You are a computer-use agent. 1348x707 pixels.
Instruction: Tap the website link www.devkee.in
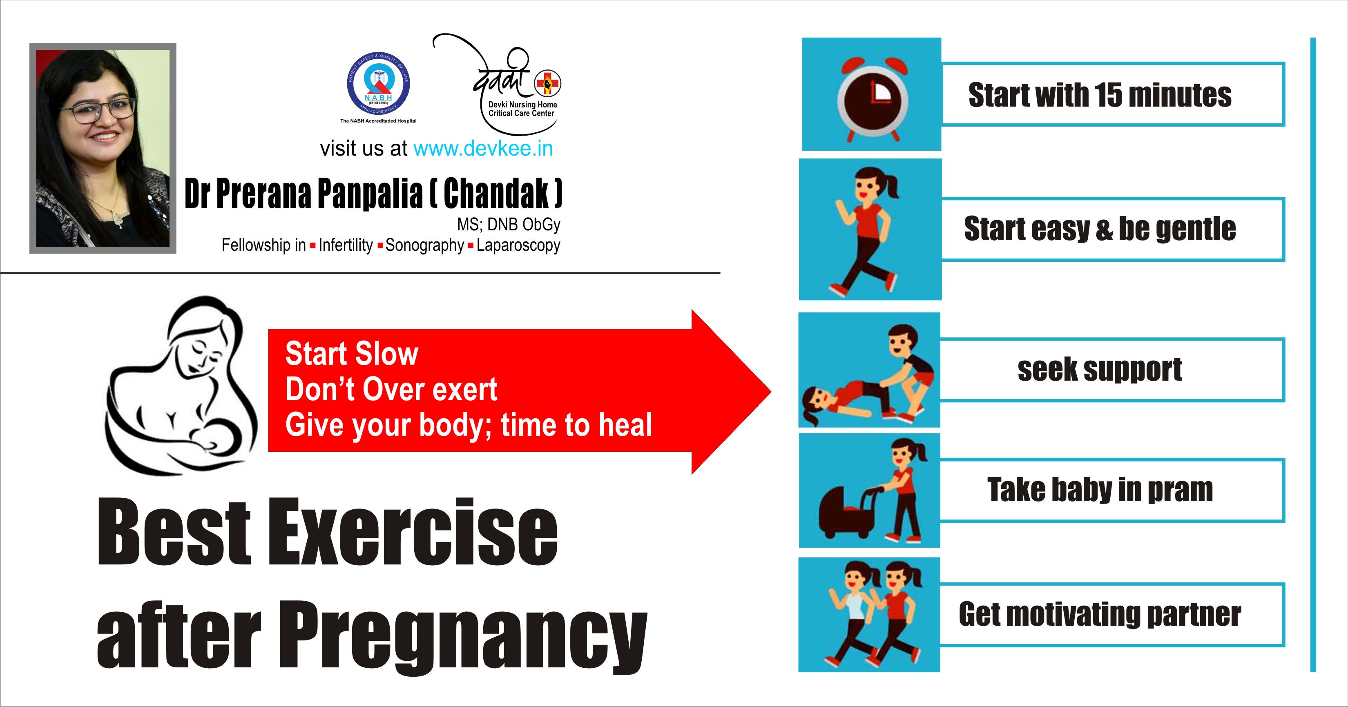click(483, 149)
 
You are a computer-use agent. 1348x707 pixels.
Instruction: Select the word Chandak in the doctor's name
click(497, 193)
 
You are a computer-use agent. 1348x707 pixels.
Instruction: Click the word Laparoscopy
click(518, 245)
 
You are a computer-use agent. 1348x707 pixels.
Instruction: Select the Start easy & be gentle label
click(1100, 229)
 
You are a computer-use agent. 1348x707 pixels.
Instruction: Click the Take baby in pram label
click(1100, 490)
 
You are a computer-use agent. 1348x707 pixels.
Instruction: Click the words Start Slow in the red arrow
click(352, 354)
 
